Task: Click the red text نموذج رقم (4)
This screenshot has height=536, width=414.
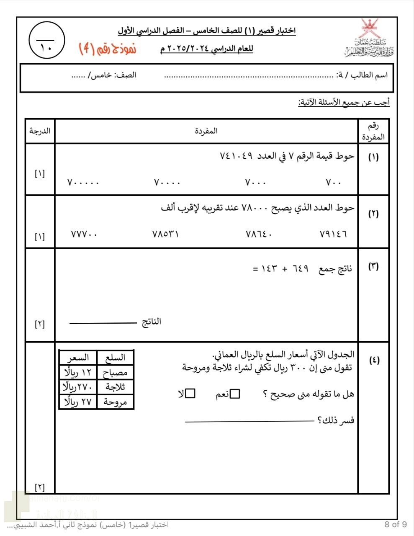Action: (108, 49)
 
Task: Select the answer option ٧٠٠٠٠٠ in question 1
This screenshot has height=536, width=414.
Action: (83, 183)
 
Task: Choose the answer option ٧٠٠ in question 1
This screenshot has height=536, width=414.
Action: (334, 183)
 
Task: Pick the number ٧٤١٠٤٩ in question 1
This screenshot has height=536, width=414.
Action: (237, 156)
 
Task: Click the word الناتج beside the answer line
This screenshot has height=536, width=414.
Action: (151, 322)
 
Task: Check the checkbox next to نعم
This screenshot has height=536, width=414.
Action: (235, 394)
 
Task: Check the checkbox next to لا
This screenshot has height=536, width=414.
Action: (190, 394)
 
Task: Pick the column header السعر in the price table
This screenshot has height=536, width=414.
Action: (78, 358)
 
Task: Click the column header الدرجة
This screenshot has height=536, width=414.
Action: (40, 131)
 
